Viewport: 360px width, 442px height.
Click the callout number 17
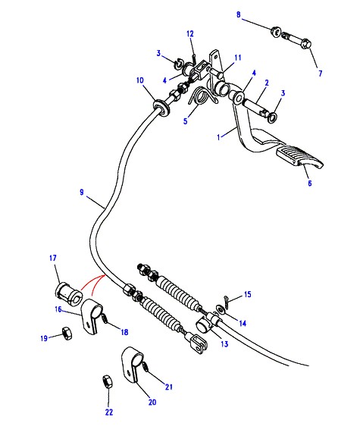53,258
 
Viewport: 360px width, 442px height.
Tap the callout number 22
109,412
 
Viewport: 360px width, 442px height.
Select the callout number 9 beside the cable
82,193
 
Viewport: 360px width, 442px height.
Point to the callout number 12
190,34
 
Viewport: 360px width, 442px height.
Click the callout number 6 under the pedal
310,183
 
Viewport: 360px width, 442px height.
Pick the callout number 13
224,344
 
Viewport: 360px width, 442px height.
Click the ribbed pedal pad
299,157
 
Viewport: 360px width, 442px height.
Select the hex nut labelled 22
108,381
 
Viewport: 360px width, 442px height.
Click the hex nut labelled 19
67,333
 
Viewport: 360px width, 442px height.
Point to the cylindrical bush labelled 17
69,294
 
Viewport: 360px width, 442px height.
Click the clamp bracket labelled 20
131,364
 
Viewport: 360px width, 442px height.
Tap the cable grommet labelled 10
161,107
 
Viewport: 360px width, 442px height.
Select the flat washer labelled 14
220,309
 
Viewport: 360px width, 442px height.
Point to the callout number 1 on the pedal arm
218,137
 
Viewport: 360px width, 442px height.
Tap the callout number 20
152,402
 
